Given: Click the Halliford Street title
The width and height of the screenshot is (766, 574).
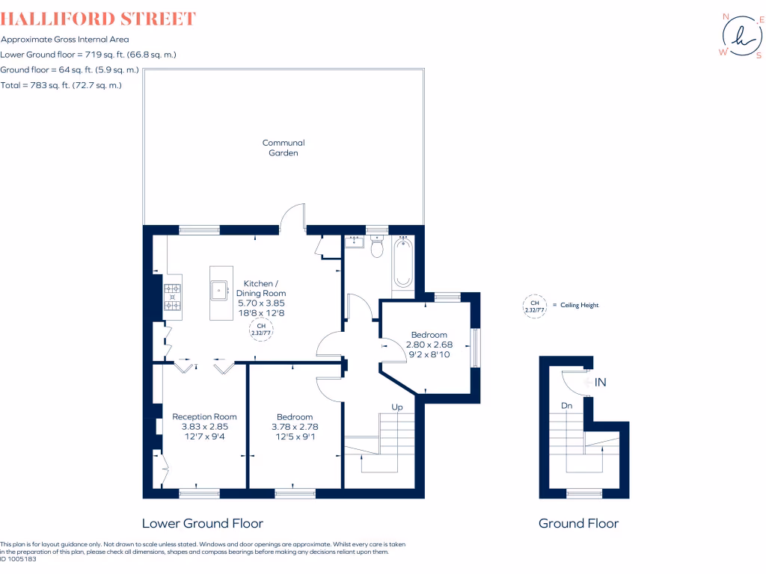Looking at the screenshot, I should point(99,19).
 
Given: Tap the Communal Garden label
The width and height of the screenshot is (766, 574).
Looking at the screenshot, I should point(284,147).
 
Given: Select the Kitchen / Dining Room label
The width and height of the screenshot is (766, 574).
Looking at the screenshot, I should point(261,288).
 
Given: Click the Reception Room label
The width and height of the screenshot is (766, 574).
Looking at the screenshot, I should point(204,416).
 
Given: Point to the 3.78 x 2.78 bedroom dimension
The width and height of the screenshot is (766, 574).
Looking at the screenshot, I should point(294,427).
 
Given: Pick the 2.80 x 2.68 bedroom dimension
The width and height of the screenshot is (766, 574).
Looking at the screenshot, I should point(429,345).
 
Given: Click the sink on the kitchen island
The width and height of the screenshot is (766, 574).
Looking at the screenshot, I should point(220,288).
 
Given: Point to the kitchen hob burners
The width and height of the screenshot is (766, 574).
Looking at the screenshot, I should point(173,297).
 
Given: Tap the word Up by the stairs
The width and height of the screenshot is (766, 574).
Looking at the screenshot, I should point(397,407).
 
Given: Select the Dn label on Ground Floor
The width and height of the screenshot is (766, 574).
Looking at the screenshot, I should point(567,406).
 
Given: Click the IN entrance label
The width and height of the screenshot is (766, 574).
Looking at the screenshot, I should point(600,383).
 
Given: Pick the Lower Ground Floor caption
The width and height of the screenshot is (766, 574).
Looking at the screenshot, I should point(202,523).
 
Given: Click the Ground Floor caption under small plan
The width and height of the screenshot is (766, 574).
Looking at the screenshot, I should point(578,523).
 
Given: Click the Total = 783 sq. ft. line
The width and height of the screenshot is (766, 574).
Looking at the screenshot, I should point(61,85).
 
